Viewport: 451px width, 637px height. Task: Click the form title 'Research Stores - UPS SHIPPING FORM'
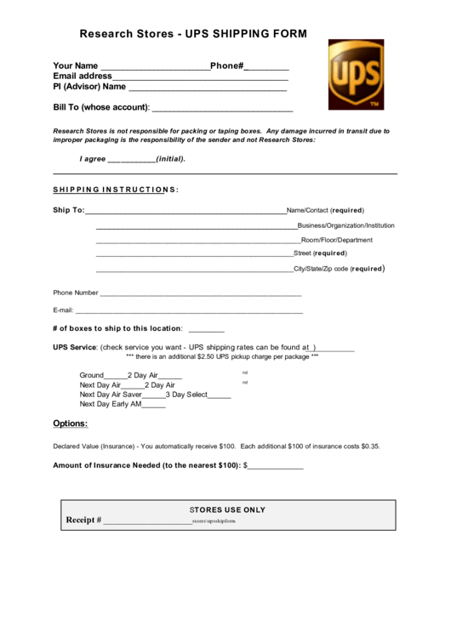192,35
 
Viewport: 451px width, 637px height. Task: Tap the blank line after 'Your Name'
155,68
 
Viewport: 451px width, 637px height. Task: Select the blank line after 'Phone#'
267,68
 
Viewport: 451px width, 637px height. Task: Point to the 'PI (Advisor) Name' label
89,87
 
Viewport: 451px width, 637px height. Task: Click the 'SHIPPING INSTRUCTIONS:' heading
116,189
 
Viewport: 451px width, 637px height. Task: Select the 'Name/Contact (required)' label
325,209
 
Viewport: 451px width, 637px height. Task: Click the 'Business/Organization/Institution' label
345,225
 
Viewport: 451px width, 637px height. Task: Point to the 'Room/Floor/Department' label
337,241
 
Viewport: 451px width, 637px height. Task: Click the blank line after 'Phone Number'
201,294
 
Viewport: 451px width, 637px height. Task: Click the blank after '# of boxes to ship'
206,330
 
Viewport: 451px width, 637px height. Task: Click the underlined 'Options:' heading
71,424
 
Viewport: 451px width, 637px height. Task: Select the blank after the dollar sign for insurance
276,467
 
